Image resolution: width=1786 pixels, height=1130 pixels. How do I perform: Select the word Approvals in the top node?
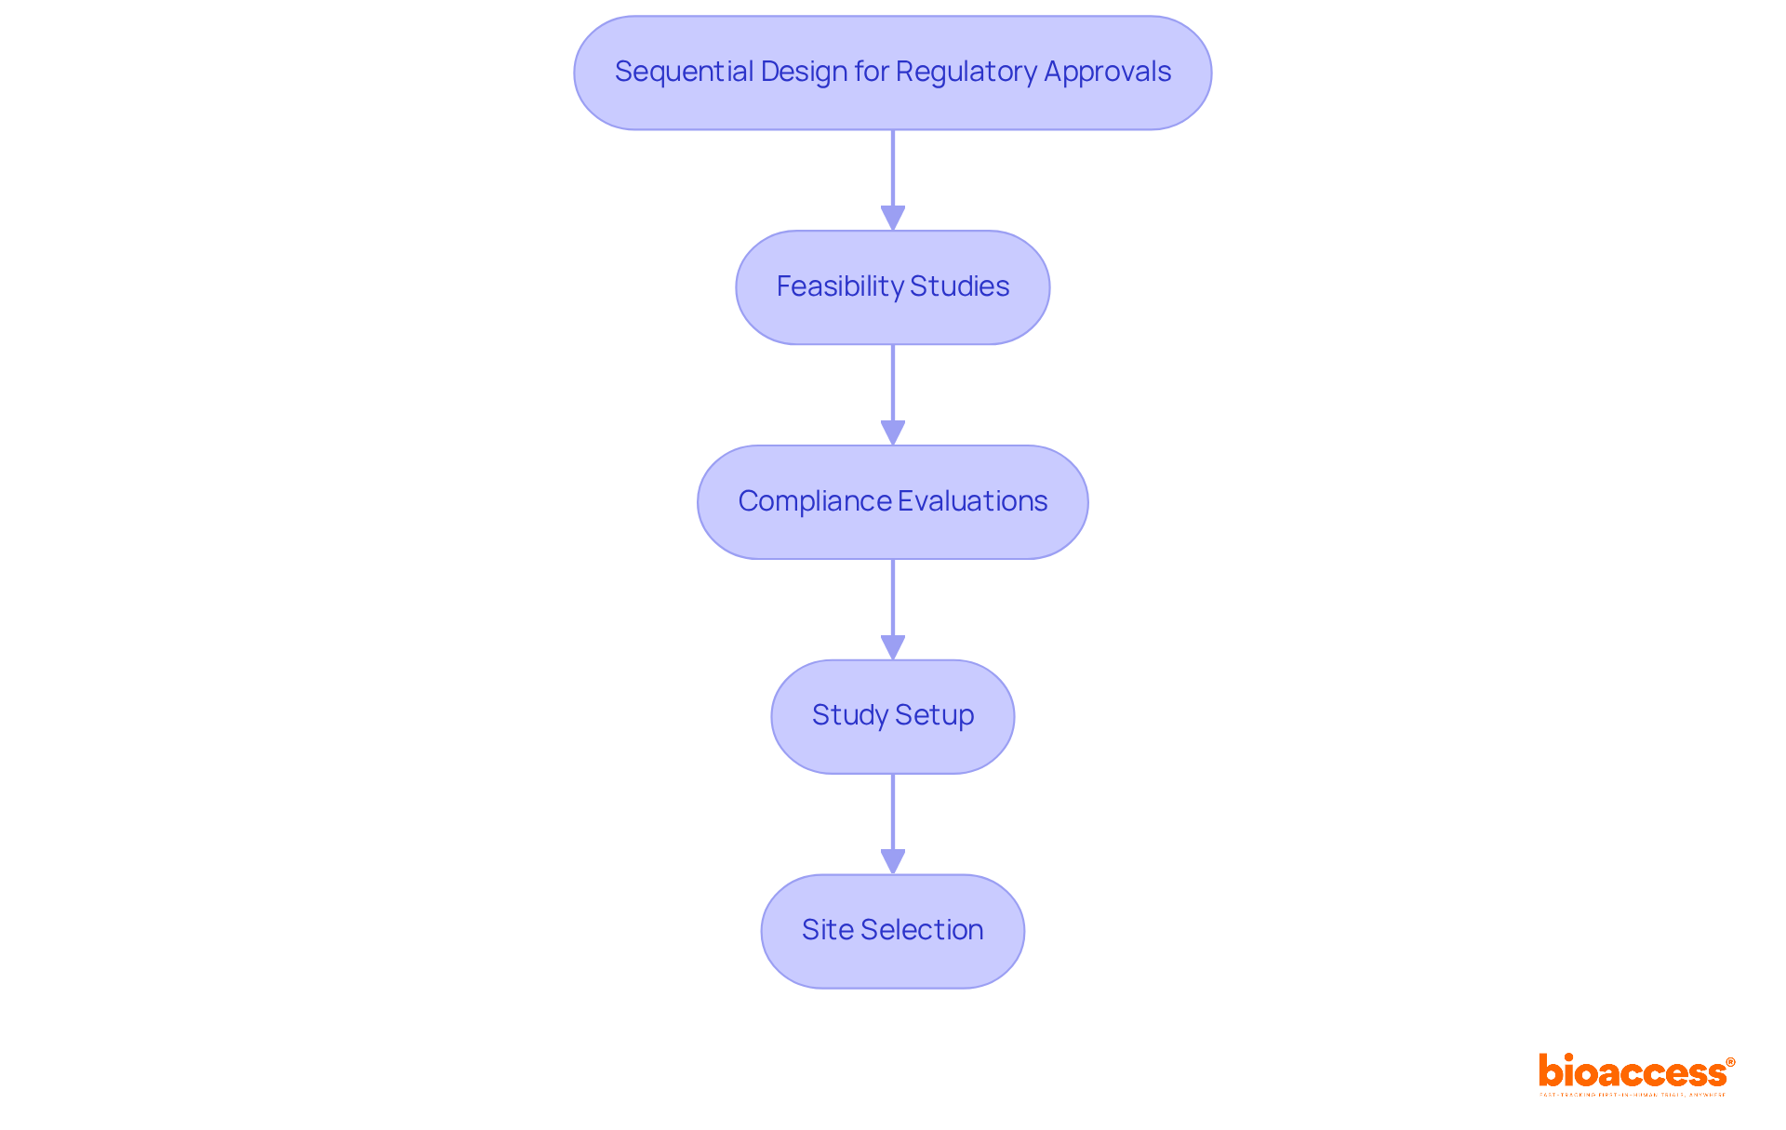point(1107,72)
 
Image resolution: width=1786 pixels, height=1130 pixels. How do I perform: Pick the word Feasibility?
point(840,286)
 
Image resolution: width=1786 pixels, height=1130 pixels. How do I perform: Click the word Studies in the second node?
point(959,286)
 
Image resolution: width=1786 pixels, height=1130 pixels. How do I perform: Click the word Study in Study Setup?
point(849,715)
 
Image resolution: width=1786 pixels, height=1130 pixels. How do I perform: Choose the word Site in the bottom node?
point(827,930)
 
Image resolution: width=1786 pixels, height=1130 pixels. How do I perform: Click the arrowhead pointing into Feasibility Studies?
point(893,219)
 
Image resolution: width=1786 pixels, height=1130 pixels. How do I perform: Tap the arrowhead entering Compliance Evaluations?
point(893,433)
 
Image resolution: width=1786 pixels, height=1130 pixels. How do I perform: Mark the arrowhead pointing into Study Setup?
point(893,648)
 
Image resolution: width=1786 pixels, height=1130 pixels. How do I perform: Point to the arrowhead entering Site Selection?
point(893,862)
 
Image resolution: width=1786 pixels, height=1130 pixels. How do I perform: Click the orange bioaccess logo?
point(1632,1072)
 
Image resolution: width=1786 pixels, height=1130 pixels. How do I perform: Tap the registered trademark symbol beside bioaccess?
point(1730,1062)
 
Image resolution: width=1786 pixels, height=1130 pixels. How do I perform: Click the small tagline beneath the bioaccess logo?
point(1632,1096)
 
